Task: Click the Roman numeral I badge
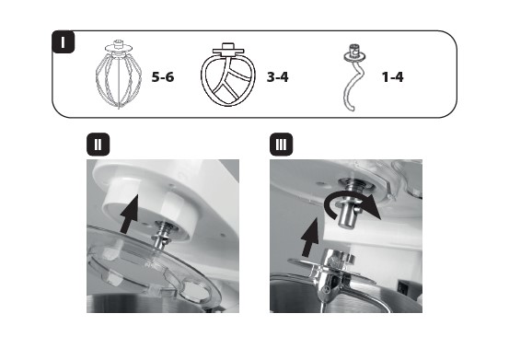(63, 41)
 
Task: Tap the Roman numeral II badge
(98, 145)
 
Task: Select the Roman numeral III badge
(281, 145)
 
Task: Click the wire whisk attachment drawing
(119, 75)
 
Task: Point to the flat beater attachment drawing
(228, 75)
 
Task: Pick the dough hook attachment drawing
(353, 77)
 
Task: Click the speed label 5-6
(163, 77)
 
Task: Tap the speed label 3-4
(278, 77)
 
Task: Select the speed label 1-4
(392, 77)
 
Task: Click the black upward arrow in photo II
(131, 215)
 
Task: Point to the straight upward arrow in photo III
(310, 238)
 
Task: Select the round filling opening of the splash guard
(195, 291)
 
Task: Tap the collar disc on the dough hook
(354, 57)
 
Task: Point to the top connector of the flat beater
(228, 49)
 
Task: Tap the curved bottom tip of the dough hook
(349, 108)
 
